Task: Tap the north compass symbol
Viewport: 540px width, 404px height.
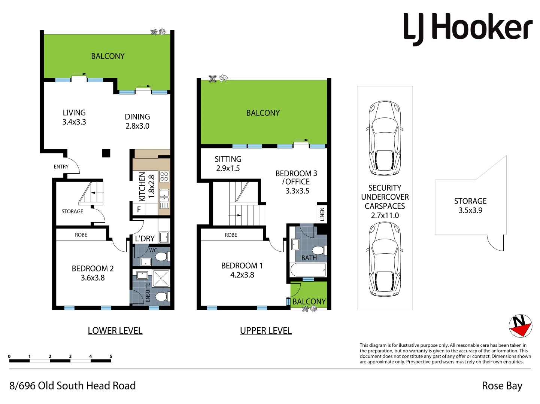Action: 520,325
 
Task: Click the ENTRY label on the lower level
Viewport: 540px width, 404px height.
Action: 61,167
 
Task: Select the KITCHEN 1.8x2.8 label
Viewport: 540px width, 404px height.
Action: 146,187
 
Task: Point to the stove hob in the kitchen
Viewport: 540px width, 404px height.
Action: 164,177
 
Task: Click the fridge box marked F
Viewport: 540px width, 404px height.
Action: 139,209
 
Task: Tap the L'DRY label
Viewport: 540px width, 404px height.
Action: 145,239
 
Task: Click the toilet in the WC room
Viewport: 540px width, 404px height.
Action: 161,257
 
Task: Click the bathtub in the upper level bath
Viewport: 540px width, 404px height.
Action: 308,270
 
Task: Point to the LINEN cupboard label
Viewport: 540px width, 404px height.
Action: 322,214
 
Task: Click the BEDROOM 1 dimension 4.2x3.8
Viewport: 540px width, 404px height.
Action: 242,275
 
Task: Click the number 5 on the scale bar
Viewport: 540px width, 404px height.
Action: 111,356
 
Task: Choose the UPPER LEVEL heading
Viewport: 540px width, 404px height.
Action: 266,331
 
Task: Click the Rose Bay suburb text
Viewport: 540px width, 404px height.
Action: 502,386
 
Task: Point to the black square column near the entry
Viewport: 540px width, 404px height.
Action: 106,153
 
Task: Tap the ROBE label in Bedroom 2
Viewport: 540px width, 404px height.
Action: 81,235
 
